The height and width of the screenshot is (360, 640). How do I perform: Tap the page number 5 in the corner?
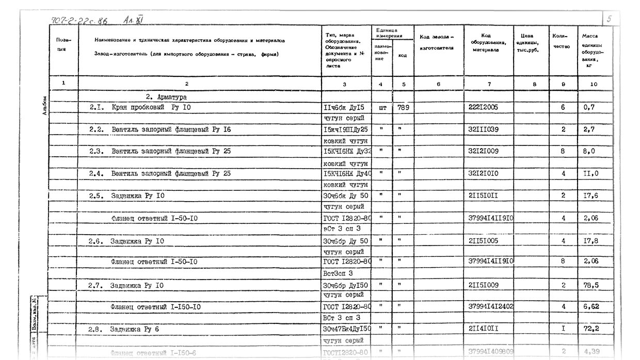tap(610, 19)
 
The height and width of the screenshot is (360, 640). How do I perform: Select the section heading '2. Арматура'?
tap(166, 97)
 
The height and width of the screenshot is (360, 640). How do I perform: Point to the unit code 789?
tap(403, 108)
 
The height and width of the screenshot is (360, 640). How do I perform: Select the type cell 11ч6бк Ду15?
tap(344, 108)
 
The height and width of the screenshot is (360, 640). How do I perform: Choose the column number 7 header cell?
tap(489, 84)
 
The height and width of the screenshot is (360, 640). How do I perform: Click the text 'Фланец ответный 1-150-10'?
tap(155, 307)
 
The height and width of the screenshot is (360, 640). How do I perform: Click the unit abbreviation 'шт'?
tap(382, 108)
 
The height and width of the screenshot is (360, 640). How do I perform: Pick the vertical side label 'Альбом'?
tap(45, 106)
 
